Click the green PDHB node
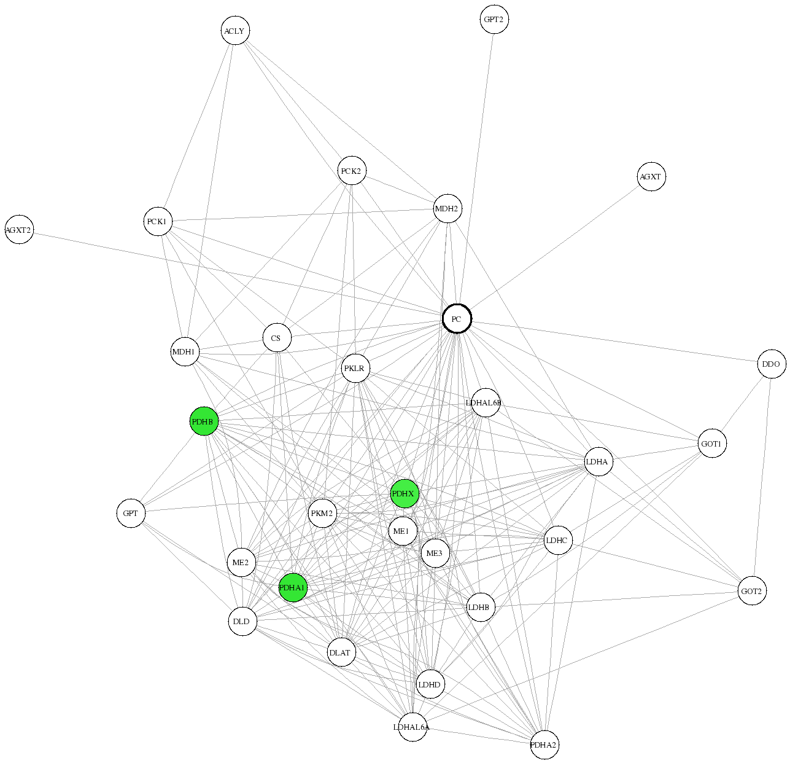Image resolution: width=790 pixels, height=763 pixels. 204,421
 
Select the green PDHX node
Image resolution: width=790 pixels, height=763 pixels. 405,494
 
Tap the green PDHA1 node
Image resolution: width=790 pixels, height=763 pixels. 293,587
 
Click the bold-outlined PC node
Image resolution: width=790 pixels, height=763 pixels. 457,319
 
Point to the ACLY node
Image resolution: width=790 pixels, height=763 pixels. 235,31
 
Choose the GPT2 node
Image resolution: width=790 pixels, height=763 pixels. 494,20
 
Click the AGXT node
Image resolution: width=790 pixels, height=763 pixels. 651,177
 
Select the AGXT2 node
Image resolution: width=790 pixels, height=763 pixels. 19,230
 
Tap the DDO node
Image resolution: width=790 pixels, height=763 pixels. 772,364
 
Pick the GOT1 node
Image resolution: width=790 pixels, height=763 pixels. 711,444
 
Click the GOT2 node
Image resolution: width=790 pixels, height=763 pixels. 752,591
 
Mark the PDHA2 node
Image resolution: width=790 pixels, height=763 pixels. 544,745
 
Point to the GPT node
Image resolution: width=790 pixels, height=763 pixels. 131,513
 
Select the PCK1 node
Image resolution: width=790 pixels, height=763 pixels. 158,221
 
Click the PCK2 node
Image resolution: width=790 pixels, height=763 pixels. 352,170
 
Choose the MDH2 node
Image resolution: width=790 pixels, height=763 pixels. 447,208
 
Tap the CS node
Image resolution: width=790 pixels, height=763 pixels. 277,338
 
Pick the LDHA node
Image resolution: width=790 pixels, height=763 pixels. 598,461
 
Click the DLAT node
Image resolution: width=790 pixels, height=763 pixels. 341,652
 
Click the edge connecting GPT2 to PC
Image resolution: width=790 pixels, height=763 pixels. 475,169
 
